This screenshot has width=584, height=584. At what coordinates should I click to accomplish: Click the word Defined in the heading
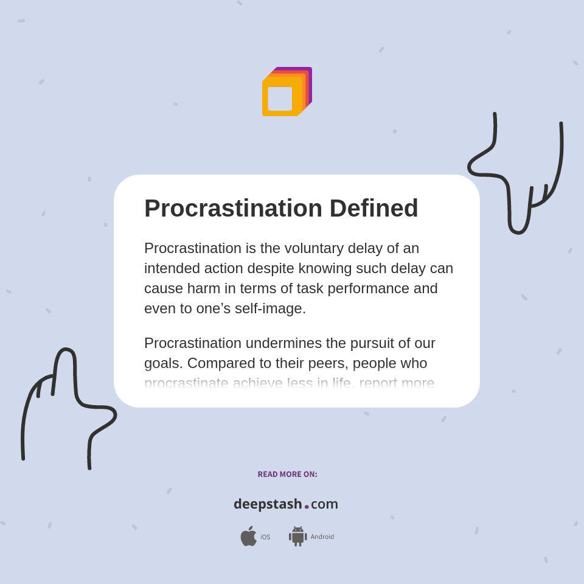click(x=374, y=208)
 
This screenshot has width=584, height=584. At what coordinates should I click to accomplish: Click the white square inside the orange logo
click(x=280, y=99)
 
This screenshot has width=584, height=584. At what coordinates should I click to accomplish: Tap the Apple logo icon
click(x=248, y=537)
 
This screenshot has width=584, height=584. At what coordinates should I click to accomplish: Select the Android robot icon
click(x=297, y=537)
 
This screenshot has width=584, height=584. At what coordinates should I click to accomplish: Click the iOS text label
click(x=265, y=537)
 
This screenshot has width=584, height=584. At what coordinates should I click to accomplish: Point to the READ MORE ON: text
click(x=287, y=474)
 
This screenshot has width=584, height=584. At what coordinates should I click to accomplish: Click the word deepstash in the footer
click(x=268, y=504)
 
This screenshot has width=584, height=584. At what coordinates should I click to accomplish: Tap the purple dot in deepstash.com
click(x=307, y=506)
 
